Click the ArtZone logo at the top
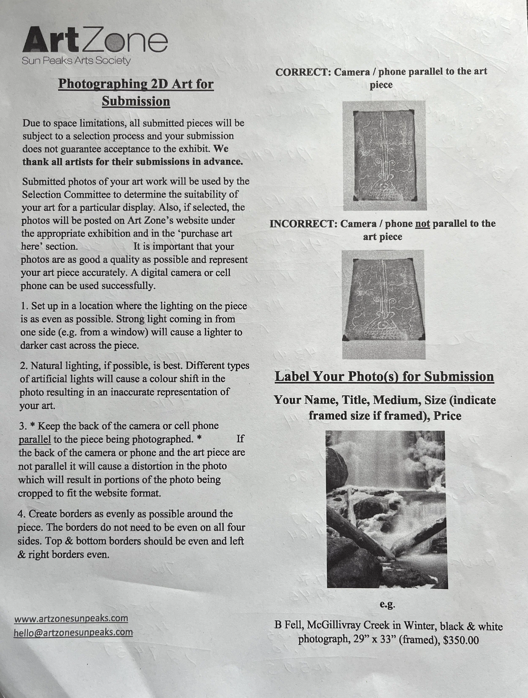point(95,40)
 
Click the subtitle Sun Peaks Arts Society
point(76,61)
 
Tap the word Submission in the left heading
point(136,101)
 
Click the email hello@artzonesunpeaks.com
point(73,632)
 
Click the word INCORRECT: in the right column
point(304,224)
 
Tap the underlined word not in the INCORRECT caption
point(422,224)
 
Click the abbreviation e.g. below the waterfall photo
point(387,604)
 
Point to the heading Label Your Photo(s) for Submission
point(384,376)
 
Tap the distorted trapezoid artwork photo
point(384,305)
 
